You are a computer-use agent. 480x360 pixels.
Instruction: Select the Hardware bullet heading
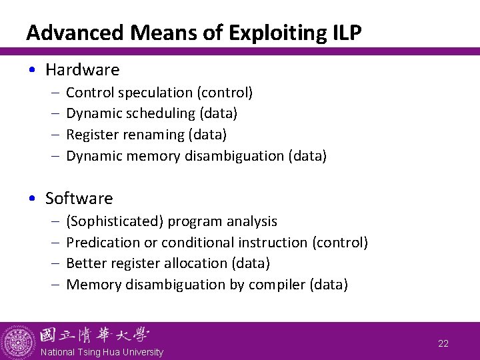82,69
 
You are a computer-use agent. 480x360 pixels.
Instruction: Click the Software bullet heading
79,198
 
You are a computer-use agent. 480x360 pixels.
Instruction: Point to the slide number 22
443,344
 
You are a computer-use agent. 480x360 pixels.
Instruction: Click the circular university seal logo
18,342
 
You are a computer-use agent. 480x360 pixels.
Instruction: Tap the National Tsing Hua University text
101,352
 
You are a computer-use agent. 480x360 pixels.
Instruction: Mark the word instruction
275,242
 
